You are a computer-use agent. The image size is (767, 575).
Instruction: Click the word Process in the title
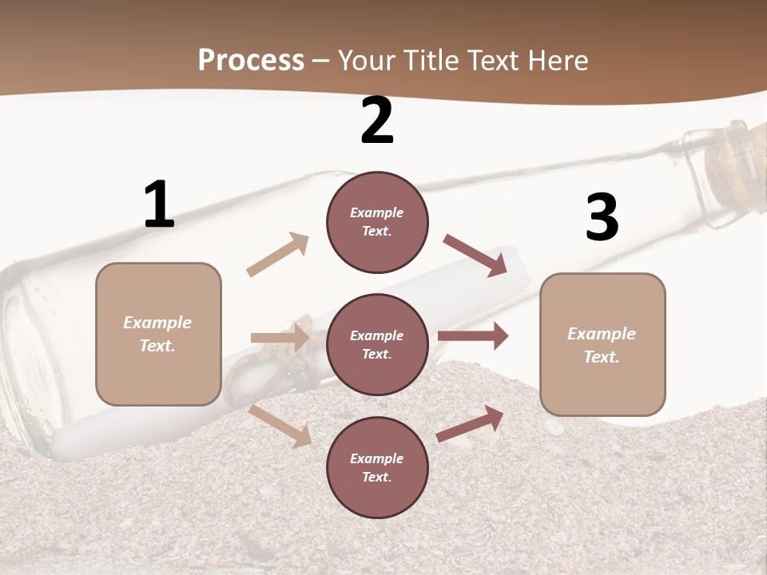(x=251, y=61)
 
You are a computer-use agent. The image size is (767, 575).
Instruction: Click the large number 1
(x=159, y=205)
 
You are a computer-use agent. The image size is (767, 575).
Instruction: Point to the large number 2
(x=377, y=121)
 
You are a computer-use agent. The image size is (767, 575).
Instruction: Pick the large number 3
(x=602, y=217)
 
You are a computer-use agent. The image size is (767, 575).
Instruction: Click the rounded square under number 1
(x=158, y=334)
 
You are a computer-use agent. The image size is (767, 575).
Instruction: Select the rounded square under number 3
(x=602, y=345)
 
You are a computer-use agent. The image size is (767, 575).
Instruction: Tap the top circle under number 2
(x=377, y=222)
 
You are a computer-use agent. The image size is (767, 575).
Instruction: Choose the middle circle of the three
(x=377, y=345)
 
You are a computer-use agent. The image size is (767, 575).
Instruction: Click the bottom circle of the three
(x=377, y=468)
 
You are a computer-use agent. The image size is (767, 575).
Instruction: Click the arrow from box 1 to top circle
(x=277, y=255)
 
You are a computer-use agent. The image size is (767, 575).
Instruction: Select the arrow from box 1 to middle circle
(x=280, y=338)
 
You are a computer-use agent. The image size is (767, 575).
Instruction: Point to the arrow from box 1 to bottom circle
(x=280, y=426)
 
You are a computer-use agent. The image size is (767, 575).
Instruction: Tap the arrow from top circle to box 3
(x=475, y=256)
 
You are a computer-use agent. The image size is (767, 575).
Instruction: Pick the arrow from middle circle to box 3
(x=473, y=336)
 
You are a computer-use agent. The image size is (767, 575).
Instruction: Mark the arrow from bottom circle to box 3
(x=470, y=424)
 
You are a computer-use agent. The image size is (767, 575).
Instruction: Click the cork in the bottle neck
(x=729, y=161)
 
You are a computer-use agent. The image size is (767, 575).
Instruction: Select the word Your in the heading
(x=366, y=61)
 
